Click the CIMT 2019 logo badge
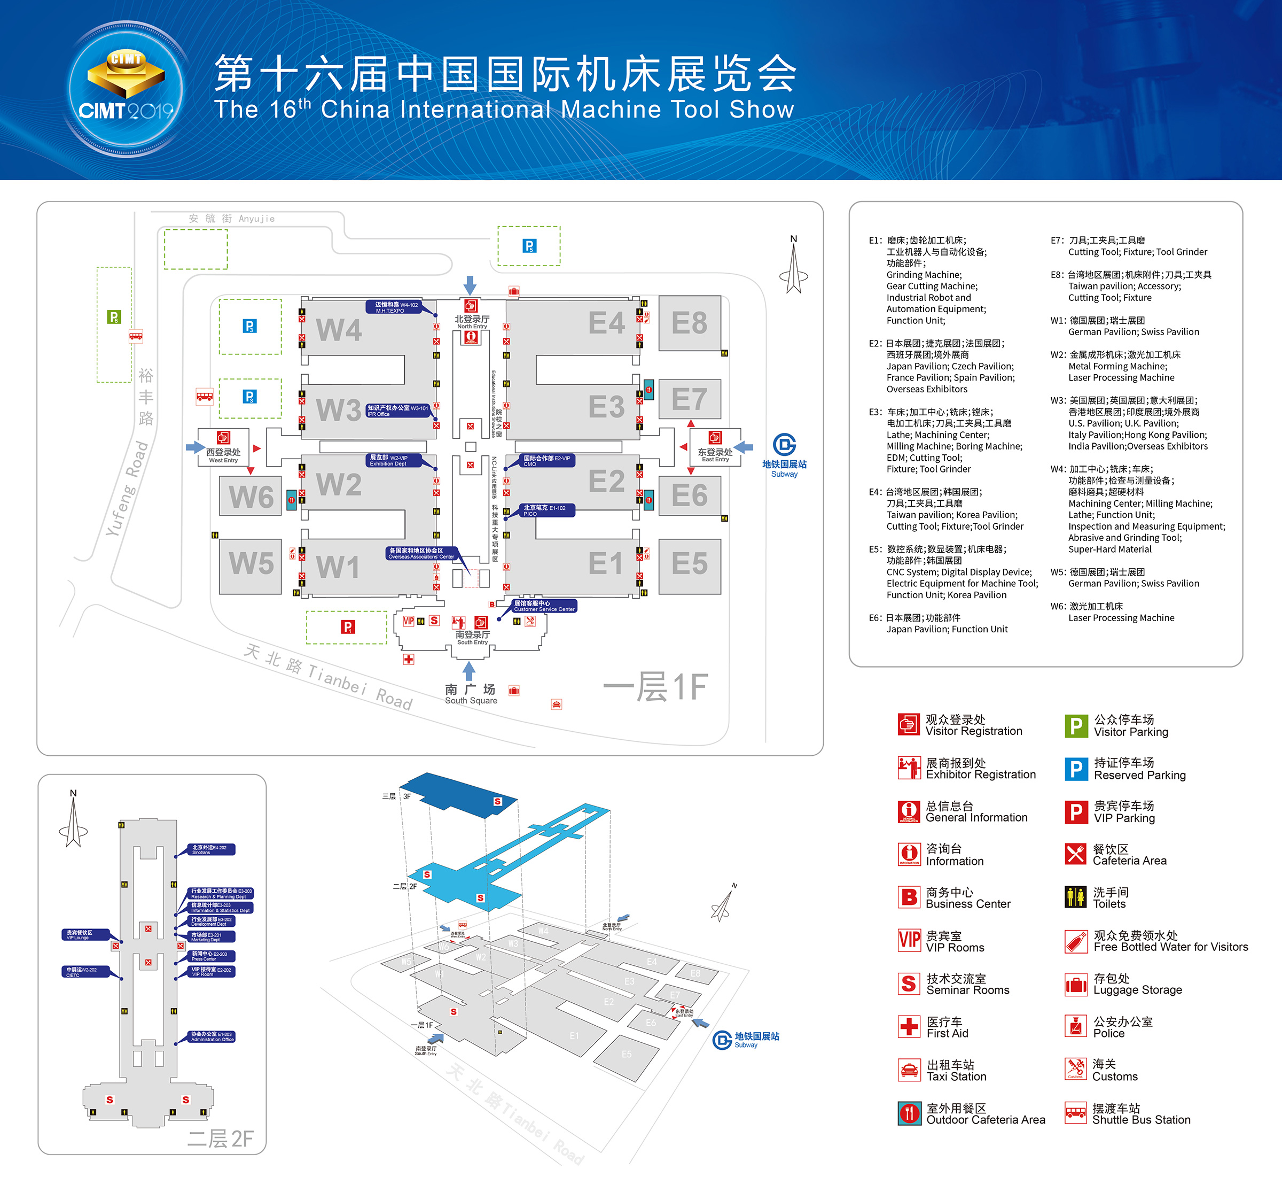(x=126, y=90)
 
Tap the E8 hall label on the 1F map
(x=690, y=323)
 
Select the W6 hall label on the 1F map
(x=251, y=497)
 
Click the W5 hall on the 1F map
(x=251, y=564)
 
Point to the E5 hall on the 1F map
(x=690, y=564)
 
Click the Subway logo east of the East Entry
(x=784, y=445)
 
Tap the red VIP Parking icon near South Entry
(x=348, y=628)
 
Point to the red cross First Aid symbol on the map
(x=409, y=659)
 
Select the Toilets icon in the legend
(x=1076, y=897)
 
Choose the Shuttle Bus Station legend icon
(x=1076, y=1113)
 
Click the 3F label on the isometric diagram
(x=407, y=796)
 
